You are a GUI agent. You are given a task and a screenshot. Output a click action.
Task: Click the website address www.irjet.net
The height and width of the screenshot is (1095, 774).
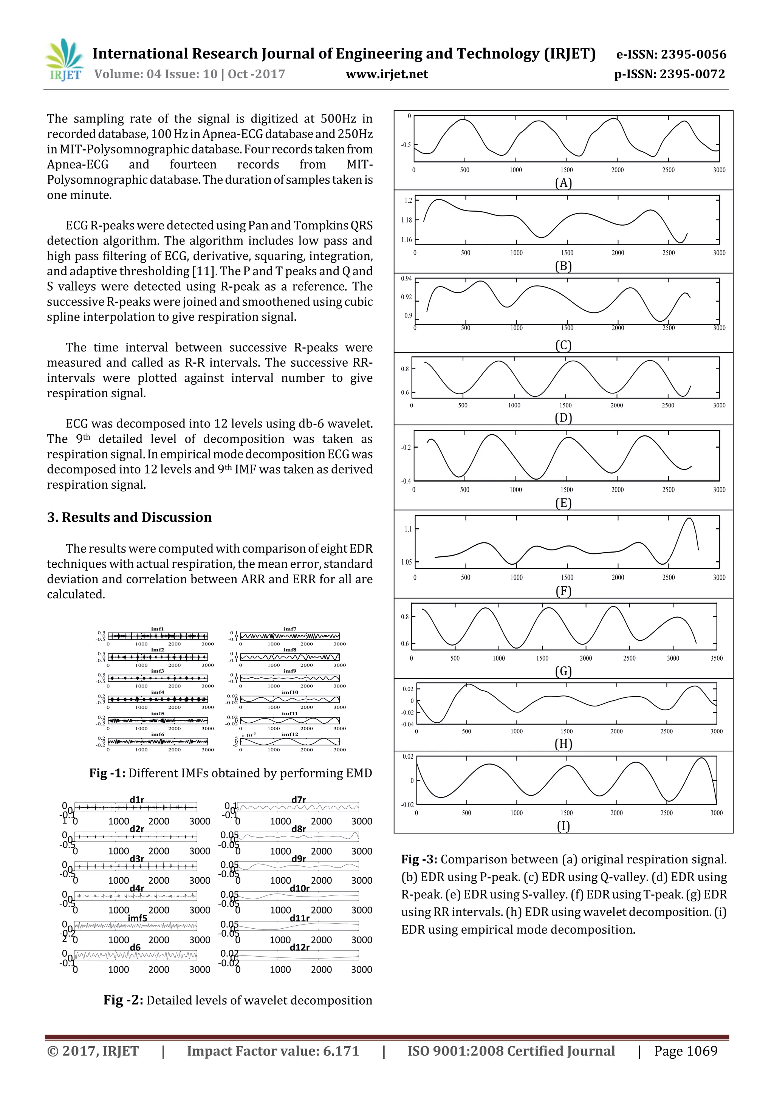coord(386,74)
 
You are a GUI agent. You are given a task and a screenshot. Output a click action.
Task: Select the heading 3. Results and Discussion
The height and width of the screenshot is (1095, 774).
coord(129,517)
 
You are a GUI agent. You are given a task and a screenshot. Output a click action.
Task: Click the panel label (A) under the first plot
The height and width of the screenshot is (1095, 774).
coord(563,183)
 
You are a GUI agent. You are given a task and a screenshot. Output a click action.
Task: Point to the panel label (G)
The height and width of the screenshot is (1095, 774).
coord(563,672)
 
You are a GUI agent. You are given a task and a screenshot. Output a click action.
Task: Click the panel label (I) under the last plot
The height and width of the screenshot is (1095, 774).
coord(563,827)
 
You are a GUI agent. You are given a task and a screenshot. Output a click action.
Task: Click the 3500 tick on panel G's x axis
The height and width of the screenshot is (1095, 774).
coord(716,658)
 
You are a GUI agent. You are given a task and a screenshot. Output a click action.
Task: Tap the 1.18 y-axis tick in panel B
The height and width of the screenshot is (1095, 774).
coord(406,220)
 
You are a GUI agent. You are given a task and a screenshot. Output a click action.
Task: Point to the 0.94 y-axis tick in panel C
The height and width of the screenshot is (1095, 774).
coord(406,279)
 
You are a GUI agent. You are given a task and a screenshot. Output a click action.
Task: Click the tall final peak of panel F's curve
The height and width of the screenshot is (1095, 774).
coord(689,519)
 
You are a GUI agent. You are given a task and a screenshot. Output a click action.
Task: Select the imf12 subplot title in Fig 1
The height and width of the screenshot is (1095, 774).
coord(290,734)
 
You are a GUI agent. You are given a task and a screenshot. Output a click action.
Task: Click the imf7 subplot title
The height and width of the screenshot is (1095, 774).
coord(290,629)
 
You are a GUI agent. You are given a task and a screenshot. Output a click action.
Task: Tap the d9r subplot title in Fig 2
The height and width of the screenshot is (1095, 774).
coord(299,859)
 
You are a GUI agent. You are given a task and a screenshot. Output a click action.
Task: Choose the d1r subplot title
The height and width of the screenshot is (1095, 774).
coord(137,800)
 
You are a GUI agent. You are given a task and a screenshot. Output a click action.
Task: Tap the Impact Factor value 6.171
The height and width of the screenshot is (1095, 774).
coord(341,1051)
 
